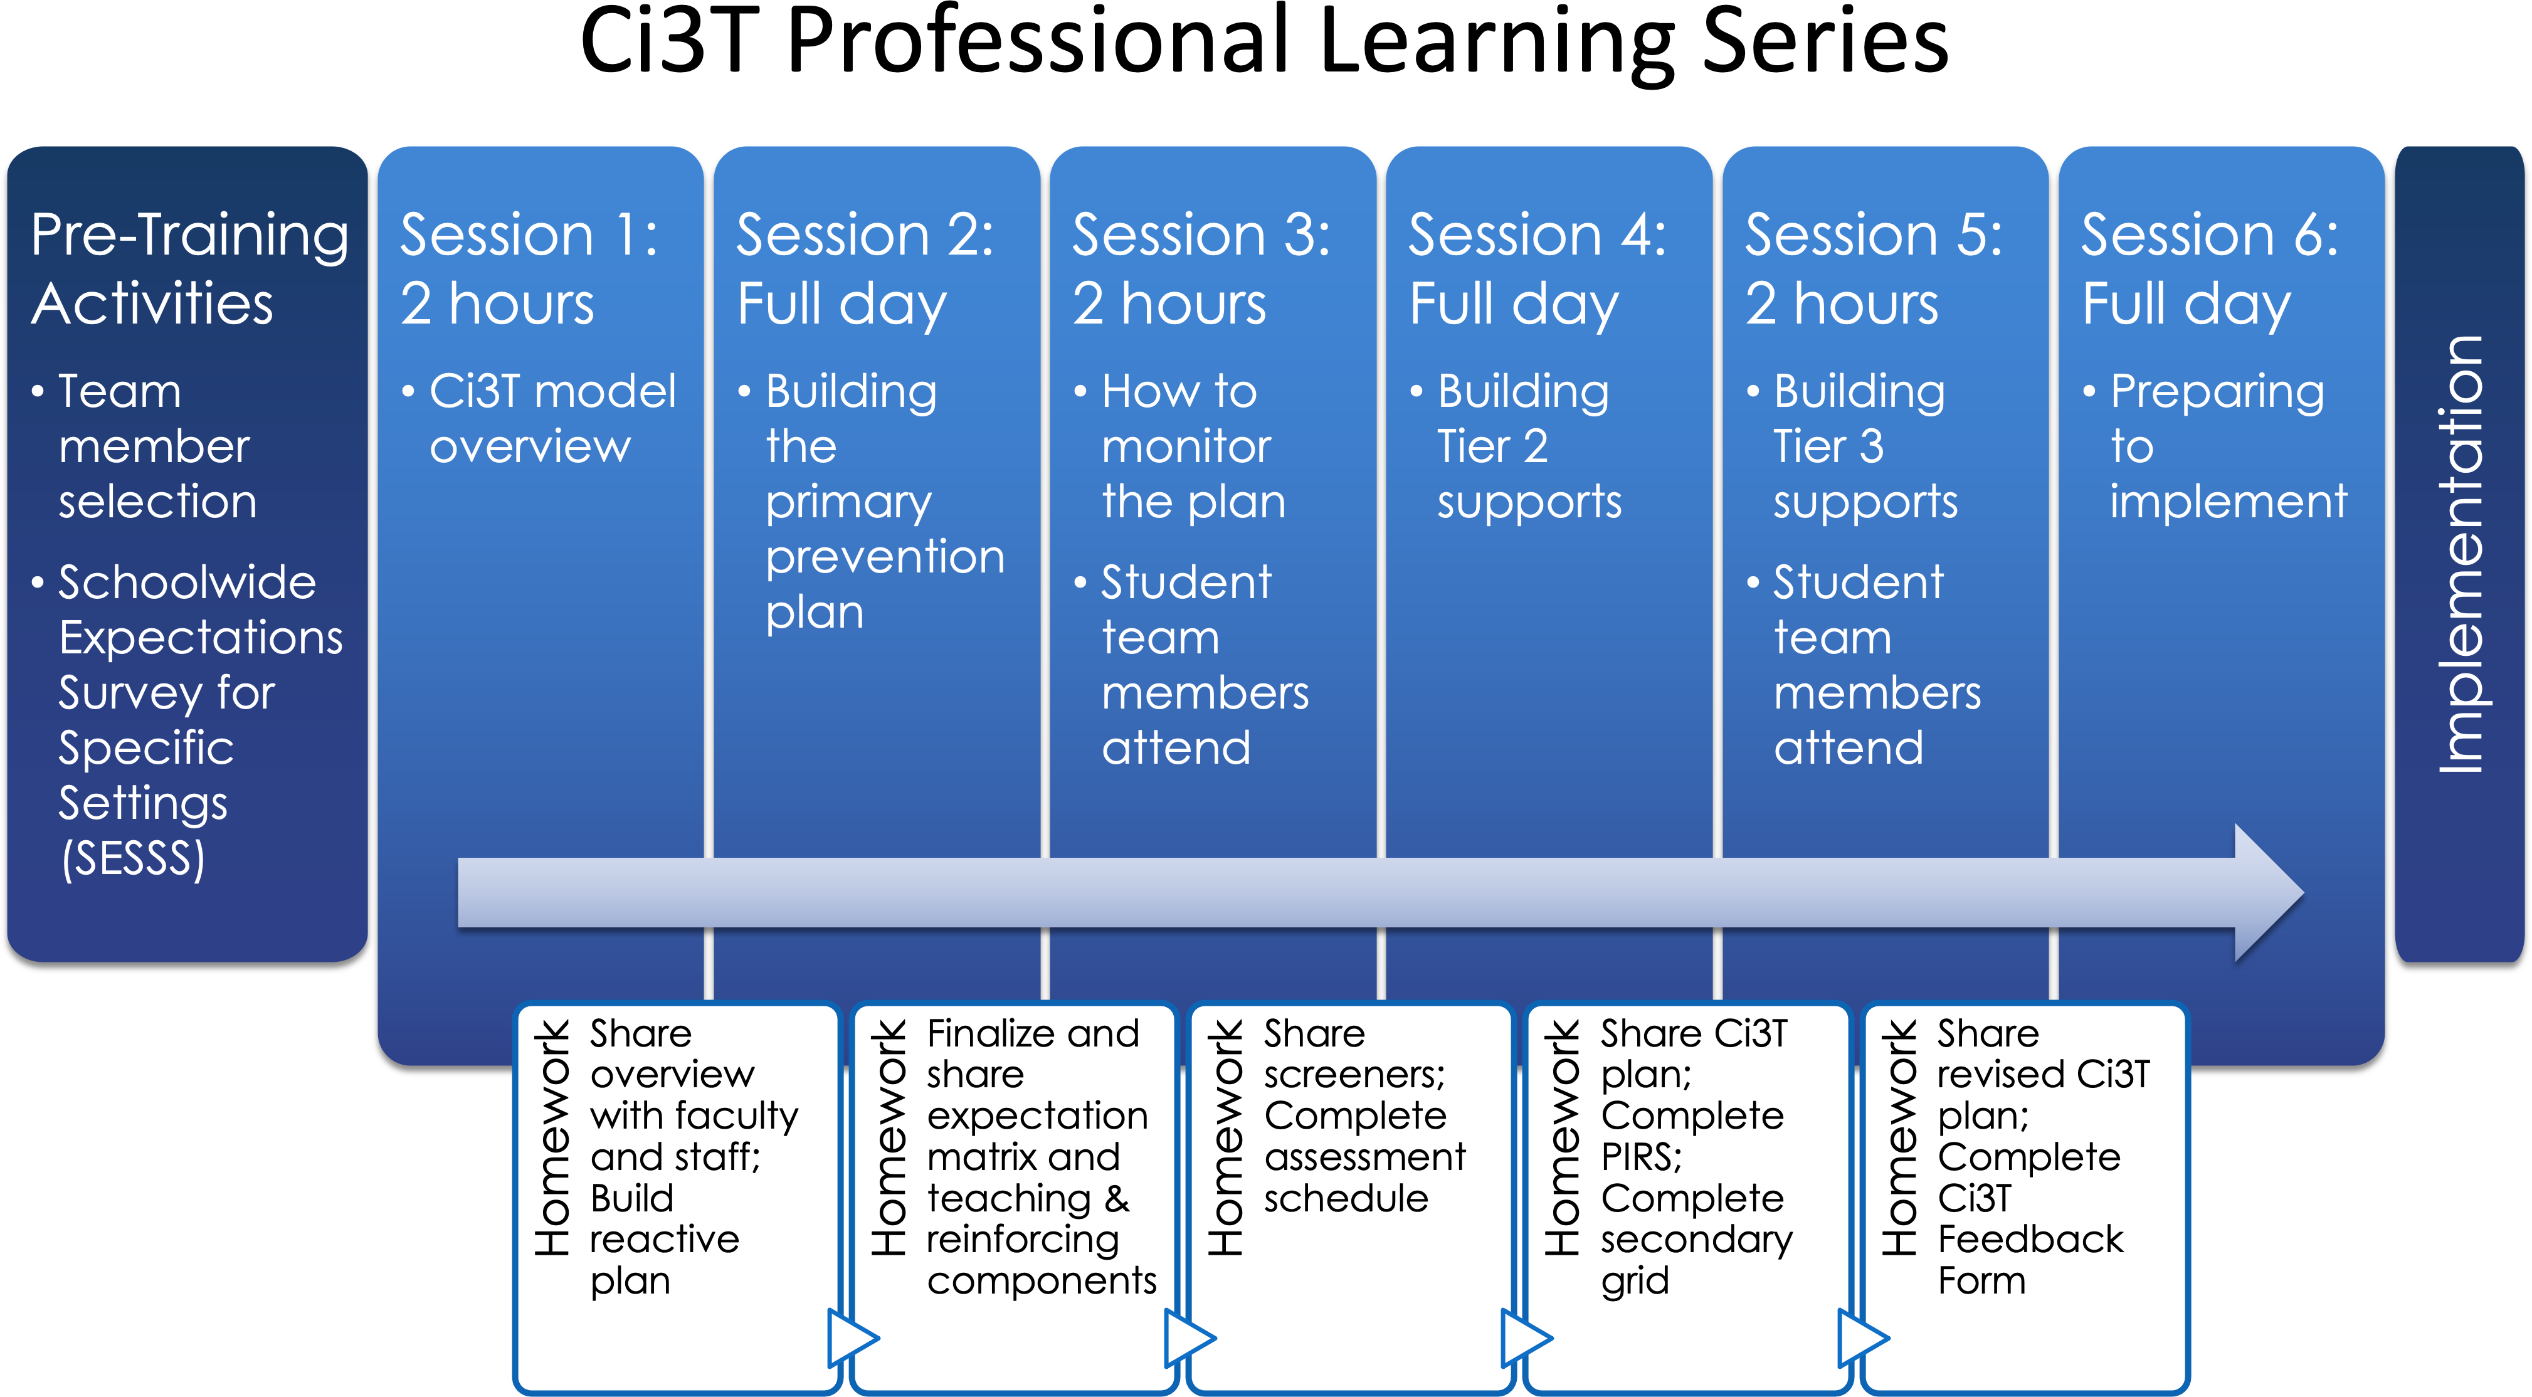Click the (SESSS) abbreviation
pyautogui.click(x=134, y=858)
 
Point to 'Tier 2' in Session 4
pyautogui.click(x=1492, y=446)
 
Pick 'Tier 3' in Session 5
pyautogui.click(x=1828, y=446)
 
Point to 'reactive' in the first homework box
pyautogui.click(x=665, y=1240)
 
